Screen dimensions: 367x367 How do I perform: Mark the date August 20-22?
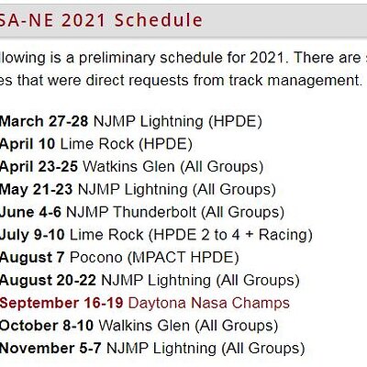(x=49, y=280)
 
